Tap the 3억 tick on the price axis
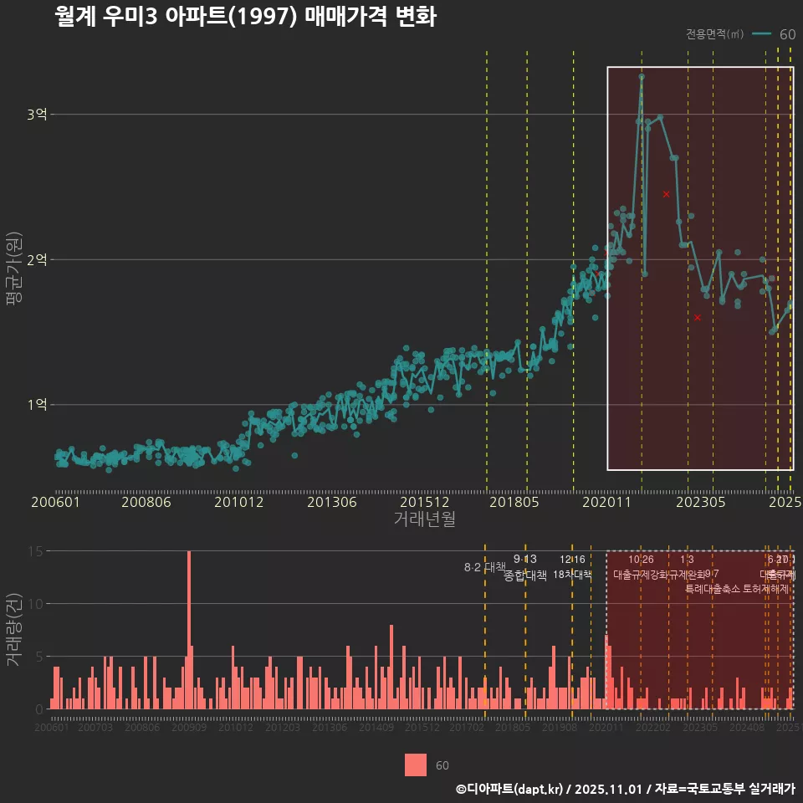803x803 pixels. point(36,115)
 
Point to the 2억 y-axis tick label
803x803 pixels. point(36,259)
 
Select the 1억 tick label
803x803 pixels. point(36,405)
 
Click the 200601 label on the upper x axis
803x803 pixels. point(55,503)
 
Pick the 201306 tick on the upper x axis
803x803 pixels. point(332,503)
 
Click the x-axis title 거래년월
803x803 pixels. point(424,519)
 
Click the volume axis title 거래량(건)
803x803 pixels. point(13,630)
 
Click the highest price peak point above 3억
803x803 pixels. point(642,76)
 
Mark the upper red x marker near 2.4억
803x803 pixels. point(667,194)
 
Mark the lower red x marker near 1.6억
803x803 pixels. point(697,318)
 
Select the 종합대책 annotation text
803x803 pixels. point(525,575)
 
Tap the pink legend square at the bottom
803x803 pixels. point(416,765)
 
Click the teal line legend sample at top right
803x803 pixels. point(761,34)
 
